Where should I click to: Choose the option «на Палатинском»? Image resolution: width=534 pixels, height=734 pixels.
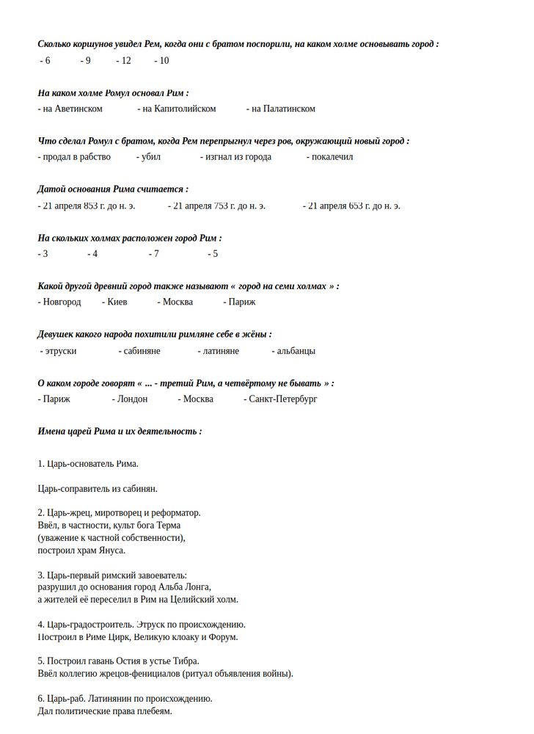click(283, 109)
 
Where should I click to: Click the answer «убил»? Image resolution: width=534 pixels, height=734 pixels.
click(150, 156)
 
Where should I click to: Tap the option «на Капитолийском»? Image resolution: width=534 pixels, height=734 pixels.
click(179, 109)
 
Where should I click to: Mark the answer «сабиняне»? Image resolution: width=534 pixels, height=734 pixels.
click(142, 351)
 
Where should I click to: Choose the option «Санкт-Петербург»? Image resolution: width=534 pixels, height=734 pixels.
click(282, 399)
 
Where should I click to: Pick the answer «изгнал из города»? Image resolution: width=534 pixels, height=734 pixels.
click(238, 156)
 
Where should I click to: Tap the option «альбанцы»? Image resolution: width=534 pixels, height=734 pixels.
click(295, 351)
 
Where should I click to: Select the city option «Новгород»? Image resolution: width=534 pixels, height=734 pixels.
click(61, 302)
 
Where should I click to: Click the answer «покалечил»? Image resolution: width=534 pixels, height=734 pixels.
click(332, 156)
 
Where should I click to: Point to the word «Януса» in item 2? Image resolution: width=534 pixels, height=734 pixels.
click(111, 550)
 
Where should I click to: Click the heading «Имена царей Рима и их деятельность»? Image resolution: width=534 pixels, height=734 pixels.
click(120, 431)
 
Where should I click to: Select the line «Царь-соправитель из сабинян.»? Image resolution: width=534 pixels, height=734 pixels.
click(98, 488)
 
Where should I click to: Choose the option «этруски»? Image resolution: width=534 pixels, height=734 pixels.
click(60, 351)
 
